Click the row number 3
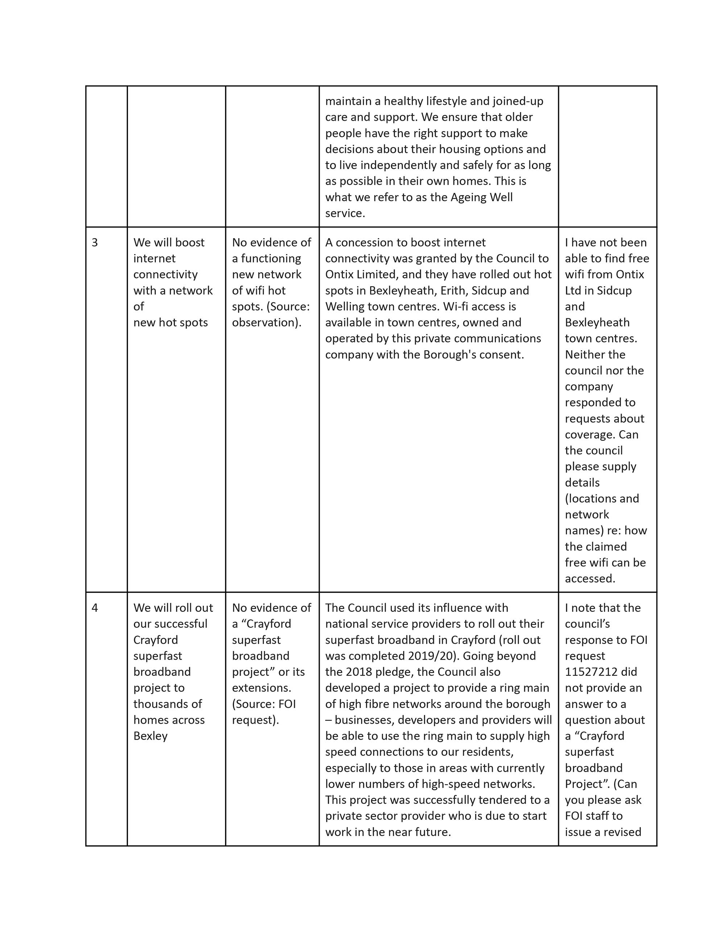[95, 243]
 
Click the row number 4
[95, 608]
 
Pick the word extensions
[261, 688]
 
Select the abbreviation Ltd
[573, 291]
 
